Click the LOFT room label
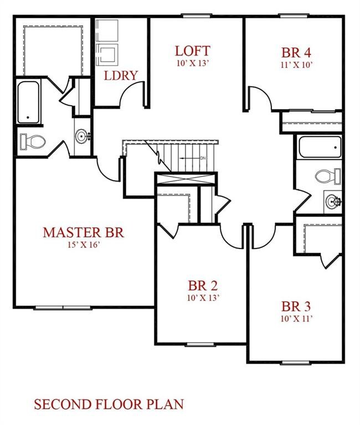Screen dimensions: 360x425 point(192,51)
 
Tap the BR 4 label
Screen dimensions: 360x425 point(296,53)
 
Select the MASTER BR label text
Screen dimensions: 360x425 point(84,232)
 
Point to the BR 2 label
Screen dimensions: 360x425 point(203,286)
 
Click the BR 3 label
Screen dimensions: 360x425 point(296,307)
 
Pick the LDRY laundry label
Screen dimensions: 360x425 point(121,76)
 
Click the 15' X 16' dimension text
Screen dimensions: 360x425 point(84,245)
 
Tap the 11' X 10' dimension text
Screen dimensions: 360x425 point(296,65)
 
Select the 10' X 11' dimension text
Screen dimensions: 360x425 point(296,319)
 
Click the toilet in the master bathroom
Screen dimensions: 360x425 point(33,141)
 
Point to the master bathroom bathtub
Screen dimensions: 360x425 point(28,102)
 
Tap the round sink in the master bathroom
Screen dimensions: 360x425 point(81,136)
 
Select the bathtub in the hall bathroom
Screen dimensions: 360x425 point(320,147)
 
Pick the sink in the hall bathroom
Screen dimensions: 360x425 point(333,201)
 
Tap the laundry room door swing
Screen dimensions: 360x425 point(131,94)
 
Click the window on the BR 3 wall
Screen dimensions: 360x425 point(295,362)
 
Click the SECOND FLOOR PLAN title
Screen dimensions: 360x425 point(109,405)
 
